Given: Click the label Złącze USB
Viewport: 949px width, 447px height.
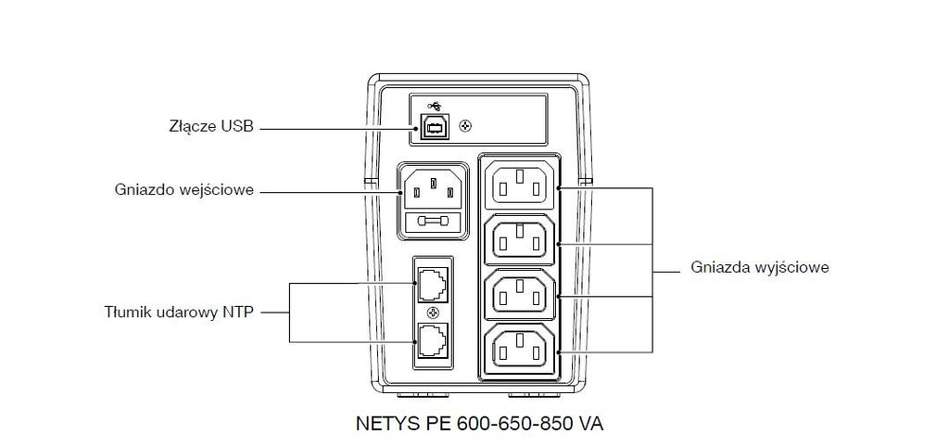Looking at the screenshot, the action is click(x=211, y=128).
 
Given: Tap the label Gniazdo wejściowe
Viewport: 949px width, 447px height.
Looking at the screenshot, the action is click(x=184, y=190).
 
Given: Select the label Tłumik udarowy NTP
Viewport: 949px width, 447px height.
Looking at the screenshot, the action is click(x=179, y=313).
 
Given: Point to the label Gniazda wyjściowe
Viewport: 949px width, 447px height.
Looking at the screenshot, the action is click(x=760, y=268).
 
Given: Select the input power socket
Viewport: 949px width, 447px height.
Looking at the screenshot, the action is click(x=432, y=188).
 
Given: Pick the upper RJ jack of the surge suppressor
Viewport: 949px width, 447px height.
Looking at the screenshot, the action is click(x=432, y=284).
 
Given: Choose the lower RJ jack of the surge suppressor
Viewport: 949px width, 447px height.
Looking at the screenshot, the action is click(x=432, y=342).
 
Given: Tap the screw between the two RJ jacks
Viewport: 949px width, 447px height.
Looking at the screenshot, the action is click(x=433, y=313).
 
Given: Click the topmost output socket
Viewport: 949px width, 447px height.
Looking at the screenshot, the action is click(x=520, y=185).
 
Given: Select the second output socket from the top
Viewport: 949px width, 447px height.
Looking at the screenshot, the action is click(x=520, y=238).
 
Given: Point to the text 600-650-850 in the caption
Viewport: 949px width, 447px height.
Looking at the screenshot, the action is click(x=507, y=424).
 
